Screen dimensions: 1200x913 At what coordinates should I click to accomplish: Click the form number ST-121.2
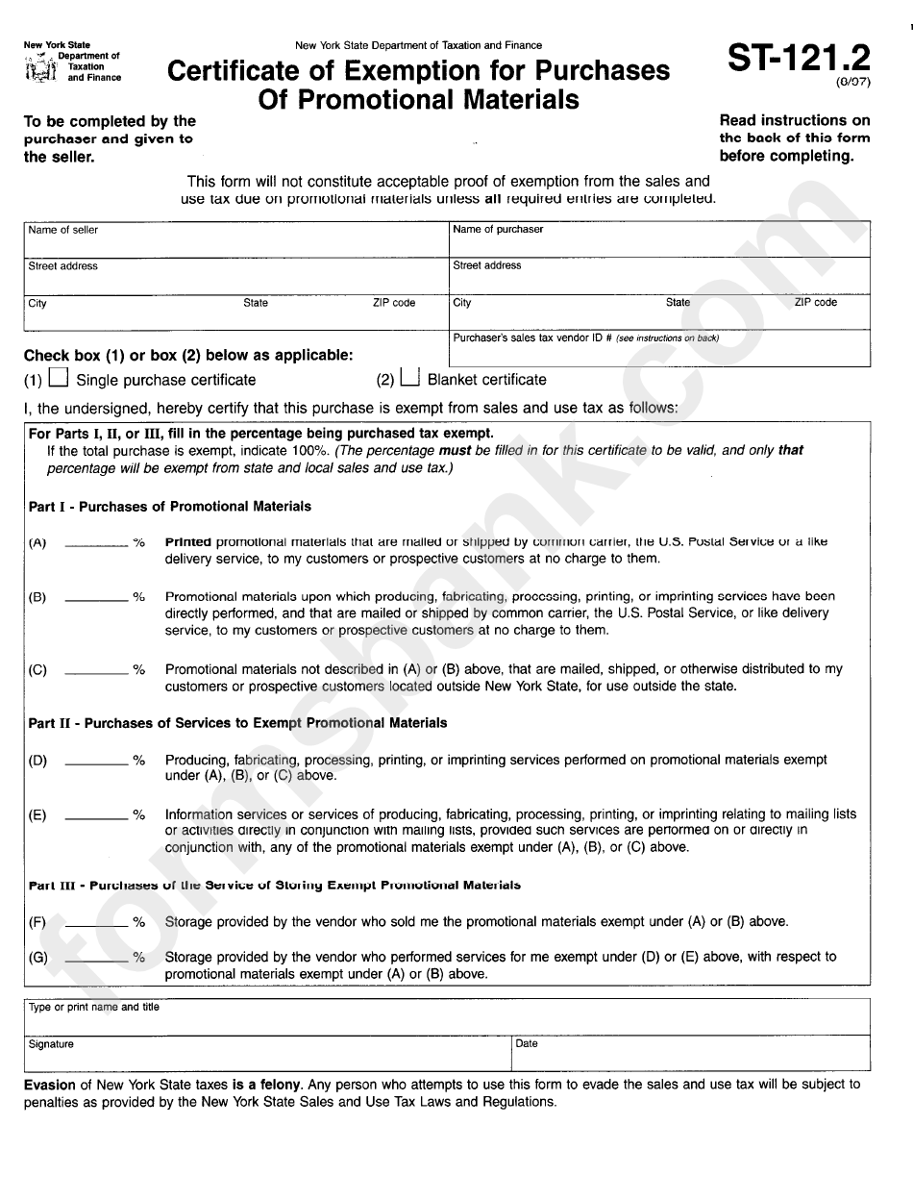798,59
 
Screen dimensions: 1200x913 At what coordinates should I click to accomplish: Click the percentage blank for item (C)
95,669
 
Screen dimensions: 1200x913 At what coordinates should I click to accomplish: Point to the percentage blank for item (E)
95,814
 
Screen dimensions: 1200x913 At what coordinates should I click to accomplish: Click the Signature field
267,1054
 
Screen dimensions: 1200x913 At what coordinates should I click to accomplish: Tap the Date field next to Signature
690,1054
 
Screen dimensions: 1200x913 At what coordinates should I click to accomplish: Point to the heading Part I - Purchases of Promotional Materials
170,506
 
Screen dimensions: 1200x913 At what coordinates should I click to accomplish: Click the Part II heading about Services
237,722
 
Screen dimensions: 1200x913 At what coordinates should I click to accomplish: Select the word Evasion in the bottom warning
50,1085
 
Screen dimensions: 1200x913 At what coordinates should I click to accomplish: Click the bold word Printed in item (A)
188,541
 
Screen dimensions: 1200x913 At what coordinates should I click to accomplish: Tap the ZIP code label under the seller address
394,303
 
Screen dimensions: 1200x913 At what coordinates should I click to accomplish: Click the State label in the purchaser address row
678,302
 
